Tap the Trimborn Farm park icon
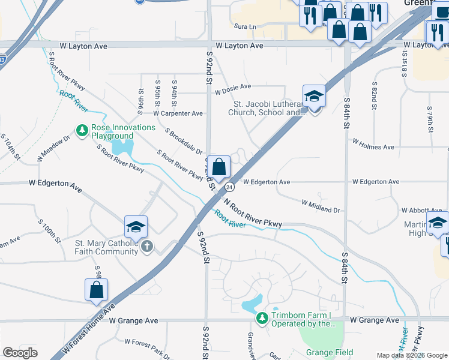(262, 317)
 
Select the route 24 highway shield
(229, 187)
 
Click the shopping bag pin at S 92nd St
(220, 166)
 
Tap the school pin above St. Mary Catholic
(136, 227)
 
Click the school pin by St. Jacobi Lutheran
(313, 96)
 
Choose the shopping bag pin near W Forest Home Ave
(96, 290)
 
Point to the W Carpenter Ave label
(178, 113)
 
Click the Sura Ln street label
(246, 27)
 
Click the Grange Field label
(329, 352)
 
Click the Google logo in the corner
(20, 352)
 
